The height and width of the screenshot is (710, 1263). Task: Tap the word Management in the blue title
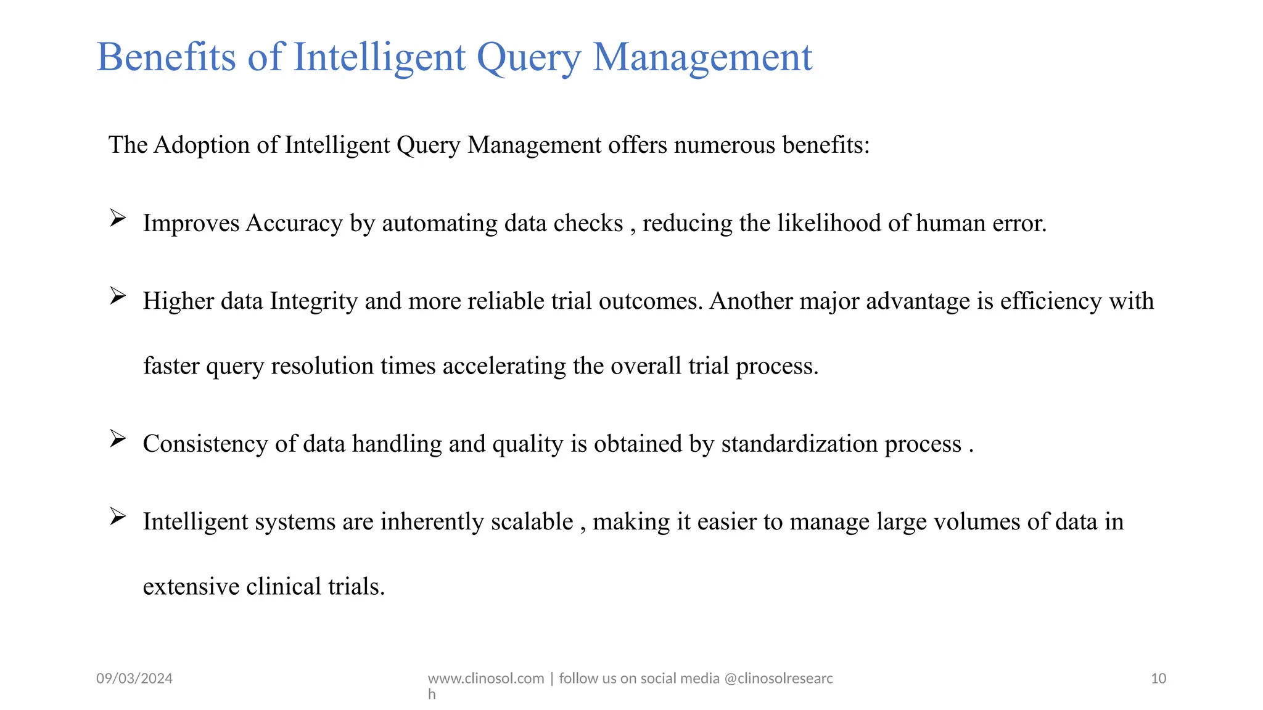(x=702, y=57)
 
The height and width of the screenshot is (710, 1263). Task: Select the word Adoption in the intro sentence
(x=202, y=145)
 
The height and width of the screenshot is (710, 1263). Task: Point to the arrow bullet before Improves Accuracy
(x=118, y=218)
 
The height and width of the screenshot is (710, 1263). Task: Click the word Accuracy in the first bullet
(x=294, y=224)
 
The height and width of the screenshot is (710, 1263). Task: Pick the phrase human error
(x=981, y=224)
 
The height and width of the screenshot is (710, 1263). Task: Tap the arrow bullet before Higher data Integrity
(x=118, y=296)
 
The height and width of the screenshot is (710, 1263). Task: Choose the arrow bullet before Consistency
(x=118, y=439)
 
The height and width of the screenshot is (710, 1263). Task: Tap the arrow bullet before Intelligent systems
(x=118, y=516)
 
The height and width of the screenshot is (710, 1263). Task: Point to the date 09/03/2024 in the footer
(x=134, y=679)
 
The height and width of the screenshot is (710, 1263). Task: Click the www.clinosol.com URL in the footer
(x=486, y=679)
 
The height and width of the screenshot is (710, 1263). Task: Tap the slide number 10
(x=1158, y=679)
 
